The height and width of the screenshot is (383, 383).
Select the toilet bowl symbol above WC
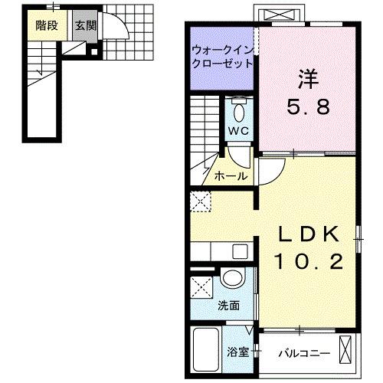[x=238, y=112]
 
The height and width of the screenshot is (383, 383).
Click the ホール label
[x=231, y=175]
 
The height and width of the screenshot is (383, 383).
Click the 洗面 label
[x=228, y=306]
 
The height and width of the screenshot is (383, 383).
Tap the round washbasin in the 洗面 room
[x=231, y=279]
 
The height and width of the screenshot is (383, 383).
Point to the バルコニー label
[x=303, y=352]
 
